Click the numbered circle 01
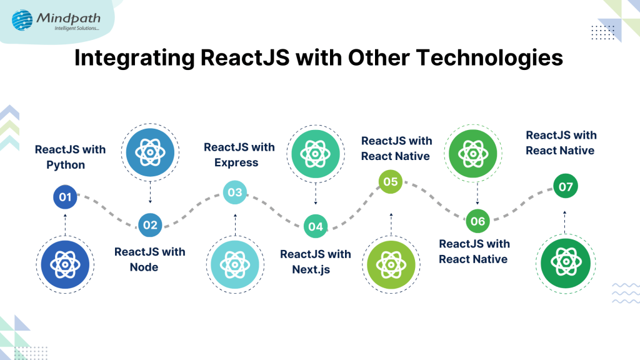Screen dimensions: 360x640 (x=64, y=197)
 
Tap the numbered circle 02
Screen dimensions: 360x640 (x=150, y=224)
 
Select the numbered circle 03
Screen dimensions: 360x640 (x=235, y=192)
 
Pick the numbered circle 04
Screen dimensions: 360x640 (x=316, y=226)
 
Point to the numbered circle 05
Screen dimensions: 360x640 (x=391, y=182)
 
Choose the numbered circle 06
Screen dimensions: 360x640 (x=477, y=221)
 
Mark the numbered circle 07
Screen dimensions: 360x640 (x=566, y=186)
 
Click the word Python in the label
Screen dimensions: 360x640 (x=66, y=165)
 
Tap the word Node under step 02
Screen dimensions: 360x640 (x=144, y=267)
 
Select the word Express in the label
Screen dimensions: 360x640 (x=236, y=162)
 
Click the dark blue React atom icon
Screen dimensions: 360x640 (x=65, y=264)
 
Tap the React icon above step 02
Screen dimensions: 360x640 (x=150, y=152)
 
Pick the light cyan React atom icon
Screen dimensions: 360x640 (x=234, y=264)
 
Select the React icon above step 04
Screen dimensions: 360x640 (x=316, y=152)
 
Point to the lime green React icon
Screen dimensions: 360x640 (x=391, y=264)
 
